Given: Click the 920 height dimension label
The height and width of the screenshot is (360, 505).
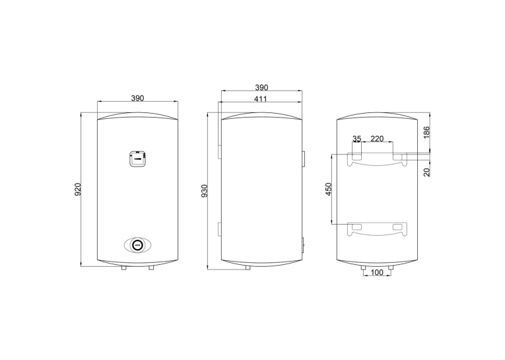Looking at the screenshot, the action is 78,190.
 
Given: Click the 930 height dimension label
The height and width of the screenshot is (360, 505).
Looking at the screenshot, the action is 204,191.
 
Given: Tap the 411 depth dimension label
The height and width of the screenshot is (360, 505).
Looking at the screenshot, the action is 260,99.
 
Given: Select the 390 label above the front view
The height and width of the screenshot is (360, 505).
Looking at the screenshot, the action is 137,98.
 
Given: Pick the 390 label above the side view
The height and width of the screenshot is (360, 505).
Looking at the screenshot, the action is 261,87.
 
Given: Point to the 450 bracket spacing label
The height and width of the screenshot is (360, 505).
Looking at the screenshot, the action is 329,189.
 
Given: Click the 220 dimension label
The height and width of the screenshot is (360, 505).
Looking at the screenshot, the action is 377,139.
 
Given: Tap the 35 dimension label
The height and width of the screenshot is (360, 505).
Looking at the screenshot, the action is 356,139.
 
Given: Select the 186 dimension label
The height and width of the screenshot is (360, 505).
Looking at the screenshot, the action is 426,133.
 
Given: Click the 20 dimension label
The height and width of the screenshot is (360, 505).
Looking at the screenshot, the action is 426,172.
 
